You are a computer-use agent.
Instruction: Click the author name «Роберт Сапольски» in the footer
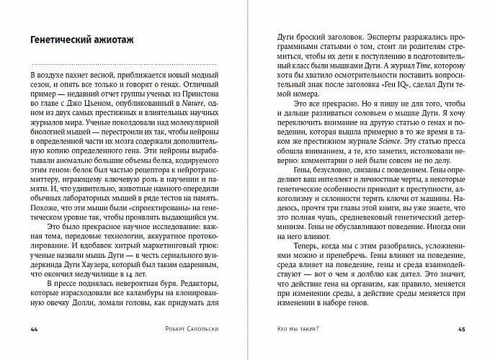click(192, 330)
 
